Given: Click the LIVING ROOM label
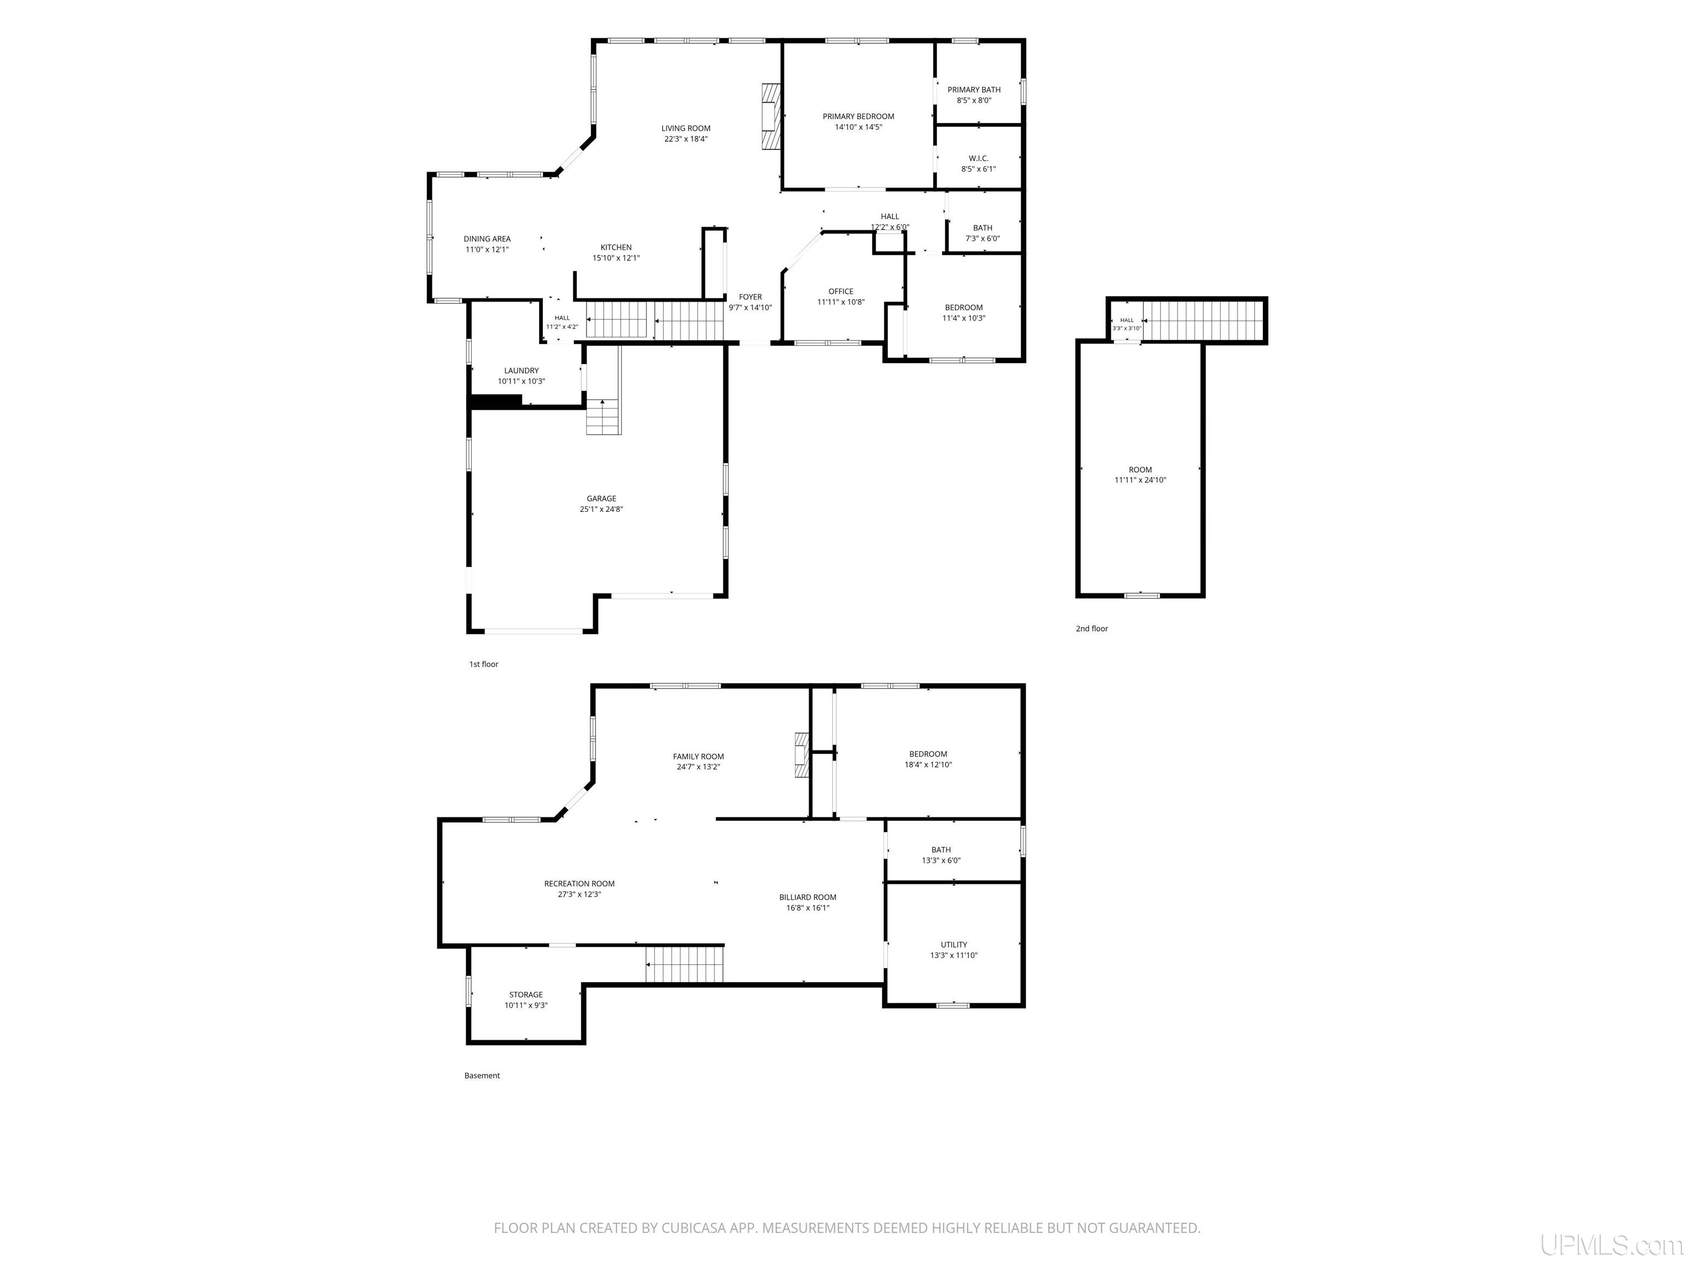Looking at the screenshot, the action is pos(686,128).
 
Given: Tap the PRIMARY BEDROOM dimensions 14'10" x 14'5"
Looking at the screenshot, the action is pos(858,127).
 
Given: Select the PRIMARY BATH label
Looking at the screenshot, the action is pos(974,89).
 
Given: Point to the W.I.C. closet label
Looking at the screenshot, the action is pos(978,158).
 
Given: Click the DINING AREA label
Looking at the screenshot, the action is pos(487,239).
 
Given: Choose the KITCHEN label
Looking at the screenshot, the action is pos(616,248).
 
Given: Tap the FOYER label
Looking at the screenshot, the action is pos(750,297).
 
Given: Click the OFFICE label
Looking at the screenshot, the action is pos(841,292).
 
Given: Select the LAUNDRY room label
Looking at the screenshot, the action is pos(521,371).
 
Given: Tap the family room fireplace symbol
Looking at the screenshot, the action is pos(802,755).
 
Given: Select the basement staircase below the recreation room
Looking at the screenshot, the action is pos(684,964).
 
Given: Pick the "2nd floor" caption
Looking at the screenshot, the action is pos(1092,629).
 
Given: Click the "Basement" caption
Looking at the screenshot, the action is pos(482,1076).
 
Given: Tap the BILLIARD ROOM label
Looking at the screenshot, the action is pos(808,897).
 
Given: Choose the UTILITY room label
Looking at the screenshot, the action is pos(954,944).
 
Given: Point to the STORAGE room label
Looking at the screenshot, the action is pos(526,995).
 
